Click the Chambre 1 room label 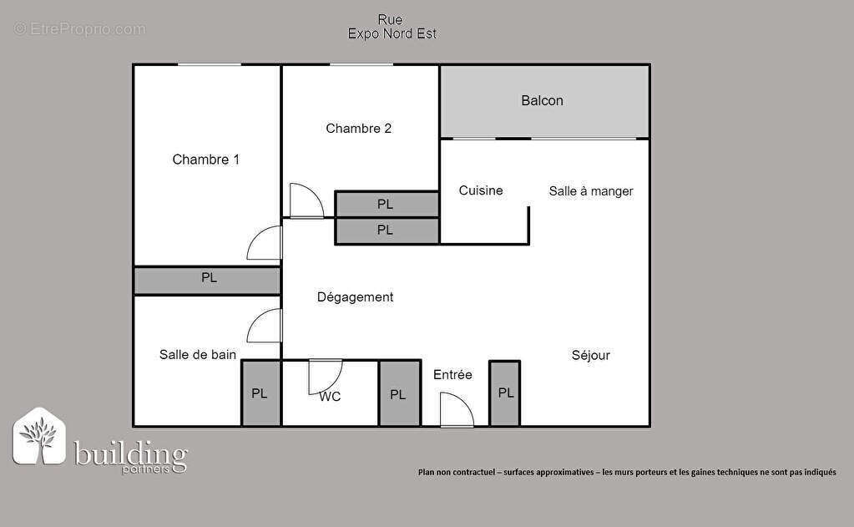205,160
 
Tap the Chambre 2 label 358,129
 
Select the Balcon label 542,101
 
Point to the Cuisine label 481,190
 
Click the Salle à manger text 591,191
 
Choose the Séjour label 590,355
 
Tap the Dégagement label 355,297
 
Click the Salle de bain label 198,355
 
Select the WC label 330,397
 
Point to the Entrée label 452,375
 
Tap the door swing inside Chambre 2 305,201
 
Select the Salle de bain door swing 265,325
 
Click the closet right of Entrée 505,393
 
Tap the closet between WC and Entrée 399,394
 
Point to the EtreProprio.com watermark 80,29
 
